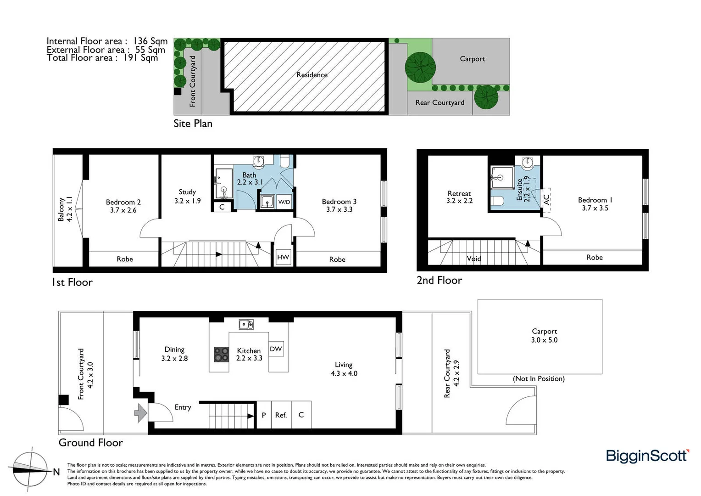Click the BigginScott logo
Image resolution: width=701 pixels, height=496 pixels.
[647, 456]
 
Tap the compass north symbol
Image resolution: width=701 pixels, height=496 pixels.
[30, 469]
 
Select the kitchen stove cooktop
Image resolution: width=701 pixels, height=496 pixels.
[222, 354]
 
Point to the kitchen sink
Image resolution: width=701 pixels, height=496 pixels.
[246, 325]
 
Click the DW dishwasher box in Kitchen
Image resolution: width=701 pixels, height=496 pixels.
[276, 349]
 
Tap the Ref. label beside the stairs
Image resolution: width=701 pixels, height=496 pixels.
[281, 415]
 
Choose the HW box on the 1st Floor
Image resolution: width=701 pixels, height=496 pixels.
[283, 257]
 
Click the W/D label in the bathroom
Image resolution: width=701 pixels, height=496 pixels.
[284, 202]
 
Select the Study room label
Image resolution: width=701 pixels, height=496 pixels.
[187, 192]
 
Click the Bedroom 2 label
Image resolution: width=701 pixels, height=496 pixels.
[123, 202]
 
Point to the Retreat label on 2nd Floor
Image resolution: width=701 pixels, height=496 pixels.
[459, 194]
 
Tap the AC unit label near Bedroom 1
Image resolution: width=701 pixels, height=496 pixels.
[546, 199]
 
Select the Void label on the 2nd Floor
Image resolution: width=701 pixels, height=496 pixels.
[473, 259]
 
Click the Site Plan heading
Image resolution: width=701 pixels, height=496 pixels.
[193, 124]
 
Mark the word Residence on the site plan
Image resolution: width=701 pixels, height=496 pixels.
[312, 75]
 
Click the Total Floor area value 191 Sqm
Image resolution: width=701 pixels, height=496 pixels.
[140, 58]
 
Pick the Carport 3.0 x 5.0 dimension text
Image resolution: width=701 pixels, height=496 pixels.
[544, 340]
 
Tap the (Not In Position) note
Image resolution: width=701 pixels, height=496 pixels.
[539, 379]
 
